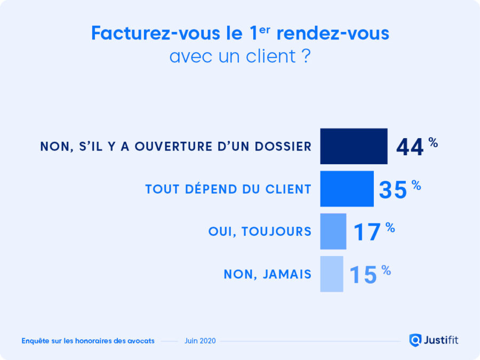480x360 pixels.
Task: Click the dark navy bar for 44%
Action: (x=354, y=146)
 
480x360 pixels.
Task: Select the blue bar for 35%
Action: (x=347, y=189)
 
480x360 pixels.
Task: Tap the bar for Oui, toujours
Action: (x=333, y=231)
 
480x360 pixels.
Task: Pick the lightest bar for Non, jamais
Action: (x=331, y=274)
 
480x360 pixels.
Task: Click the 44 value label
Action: (x=410, y=148)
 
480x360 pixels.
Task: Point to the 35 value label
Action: (x=393, y=190)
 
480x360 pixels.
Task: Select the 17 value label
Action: (x=367, y=233)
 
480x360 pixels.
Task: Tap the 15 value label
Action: (x=364, y=275)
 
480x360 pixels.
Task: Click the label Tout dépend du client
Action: (x=228, y=189)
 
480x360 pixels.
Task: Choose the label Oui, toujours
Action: (x=260, y=231)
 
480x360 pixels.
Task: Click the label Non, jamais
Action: (x=267, y=274)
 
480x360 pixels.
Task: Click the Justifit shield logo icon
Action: (x=415, y=340)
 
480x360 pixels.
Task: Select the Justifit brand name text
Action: (x=441, y=340)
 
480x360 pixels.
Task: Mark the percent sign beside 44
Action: (x=433, y=142)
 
